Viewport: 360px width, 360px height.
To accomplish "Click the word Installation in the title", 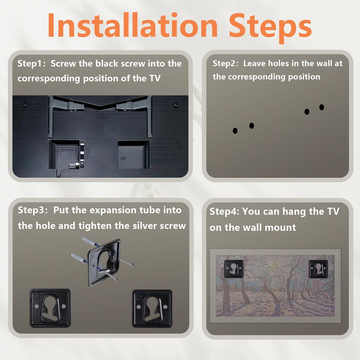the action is tap(132, 25).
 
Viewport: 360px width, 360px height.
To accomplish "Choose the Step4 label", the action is tap(224, 211).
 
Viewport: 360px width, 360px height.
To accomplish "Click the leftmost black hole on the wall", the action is tap(235, 131).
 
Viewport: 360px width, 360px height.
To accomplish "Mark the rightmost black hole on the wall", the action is tap(321, 107).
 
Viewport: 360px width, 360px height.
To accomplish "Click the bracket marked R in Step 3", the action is tap(152, 308).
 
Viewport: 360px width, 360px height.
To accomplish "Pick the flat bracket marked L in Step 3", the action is tap(50, 308).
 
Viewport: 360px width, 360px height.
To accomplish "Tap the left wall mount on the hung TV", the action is tap(233, 269).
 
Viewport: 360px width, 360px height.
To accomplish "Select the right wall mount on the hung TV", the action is tap(318, 269).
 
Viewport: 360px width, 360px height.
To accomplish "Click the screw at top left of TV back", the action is tap(24, 104).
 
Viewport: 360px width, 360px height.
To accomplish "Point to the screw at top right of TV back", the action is tap(176, 104).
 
